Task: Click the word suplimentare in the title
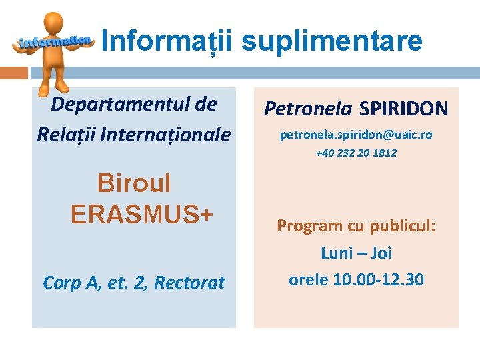coord(331,41)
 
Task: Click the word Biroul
coord(134,183)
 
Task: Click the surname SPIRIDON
coord(404,108)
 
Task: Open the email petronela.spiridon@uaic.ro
coord(356,135)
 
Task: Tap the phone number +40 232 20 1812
coord(356,153)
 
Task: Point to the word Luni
coord(337,253)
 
